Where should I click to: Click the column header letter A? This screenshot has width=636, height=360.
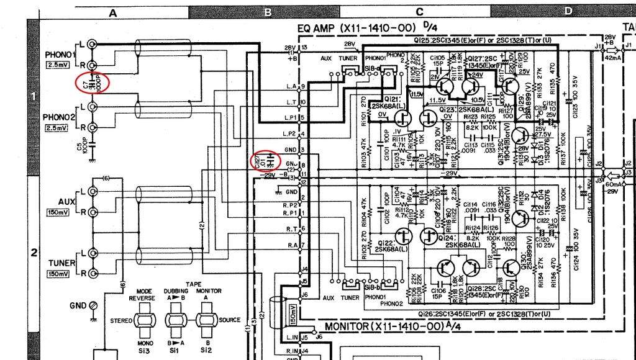pos(113,12)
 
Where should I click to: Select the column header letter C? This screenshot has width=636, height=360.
pos(419,12)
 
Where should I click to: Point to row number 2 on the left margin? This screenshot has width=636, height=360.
pos(35,252)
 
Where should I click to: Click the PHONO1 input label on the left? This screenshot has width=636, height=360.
pos(59,54)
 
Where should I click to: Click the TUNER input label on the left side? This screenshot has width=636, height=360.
pos(61,263)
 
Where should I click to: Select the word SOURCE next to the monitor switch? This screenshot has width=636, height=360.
pos(229,320)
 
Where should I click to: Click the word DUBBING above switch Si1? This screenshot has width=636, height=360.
pos(176,290)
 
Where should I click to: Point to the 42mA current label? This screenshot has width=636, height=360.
pos(612,58)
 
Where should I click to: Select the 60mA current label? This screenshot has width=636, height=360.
pos(612,184)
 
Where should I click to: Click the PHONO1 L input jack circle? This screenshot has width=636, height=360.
pos(93,44)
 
